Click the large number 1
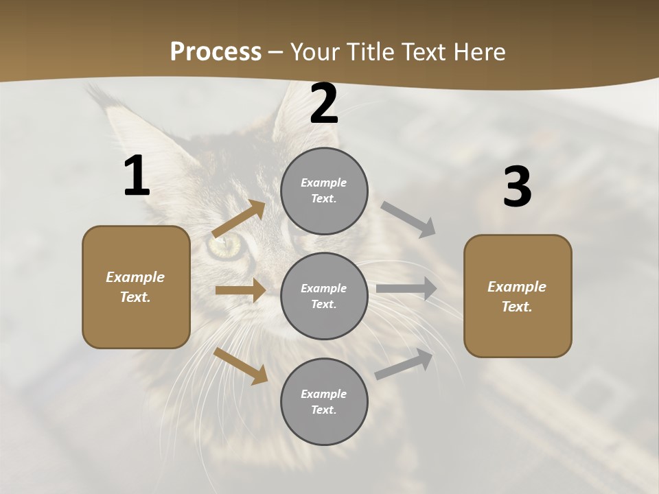click(137, 176)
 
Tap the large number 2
click(324, 104)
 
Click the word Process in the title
click(216, 51)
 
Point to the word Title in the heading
click(369, 51)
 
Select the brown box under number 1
click(136, 287)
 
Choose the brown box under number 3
click(518, 296)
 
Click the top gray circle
click(324, 191)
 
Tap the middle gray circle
click(324, 296)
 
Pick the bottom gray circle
click(324, 401)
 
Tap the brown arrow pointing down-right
click(241, 366)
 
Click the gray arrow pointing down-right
click(408, 219)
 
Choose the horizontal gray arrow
click(406, 289)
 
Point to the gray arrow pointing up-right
click(404, 364)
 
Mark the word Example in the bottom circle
click(324, 394)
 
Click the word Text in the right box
click(517, 307)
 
